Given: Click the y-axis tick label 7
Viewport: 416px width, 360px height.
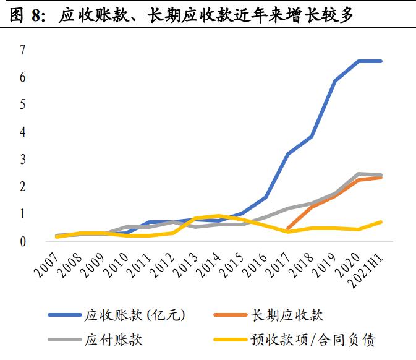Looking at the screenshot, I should pyautogui.click(x=22, y=50).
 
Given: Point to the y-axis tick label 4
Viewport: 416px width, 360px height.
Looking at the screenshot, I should pyautogui.click(x=22, y=132).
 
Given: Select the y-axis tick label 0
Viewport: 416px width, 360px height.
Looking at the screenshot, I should pyautogui.click(x=22, y=241).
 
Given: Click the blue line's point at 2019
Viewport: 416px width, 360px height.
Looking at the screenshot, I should pyautogui.click(x=335, y=81).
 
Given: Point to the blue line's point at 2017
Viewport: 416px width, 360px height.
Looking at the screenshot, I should pyautogui.click(x=289, y=153).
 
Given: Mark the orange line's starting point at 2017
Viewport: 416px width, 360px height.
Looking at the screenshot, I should pyautogui.click(x=289, y=229).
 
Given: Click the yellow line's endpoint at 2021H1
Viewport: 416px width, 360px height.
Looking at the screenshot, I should pyautogui.click(x=381, y=221).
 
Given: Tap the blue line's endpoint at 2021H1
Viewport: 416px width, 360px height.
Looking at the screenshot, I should pyautogui.click(x=381, y=61).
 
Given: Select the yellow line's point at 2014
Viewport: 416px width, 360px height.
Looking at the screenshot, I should pyautogui.click(x=219, y=215).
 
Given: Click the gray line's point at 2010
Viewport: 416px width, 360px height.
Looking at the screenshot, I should pyautogui.click(x=126, y=227).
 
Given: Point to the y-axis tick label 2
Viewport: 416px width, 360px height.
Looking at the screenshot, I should pyautogui.click(x=22, y=187).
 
